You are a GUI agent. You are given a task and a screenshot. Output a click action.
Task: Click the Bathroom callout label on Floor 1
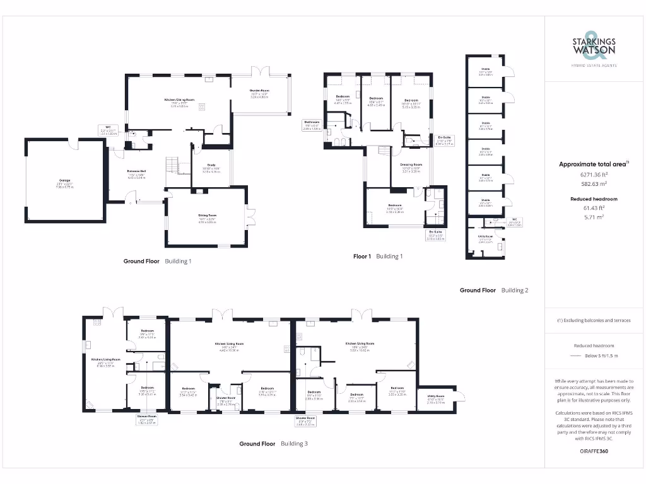312,124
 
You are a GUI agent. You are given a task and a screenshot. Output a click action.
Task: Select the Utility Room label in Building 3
436,397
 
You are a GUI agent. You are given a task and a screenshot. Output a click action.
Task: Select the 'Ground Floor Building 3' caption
273,444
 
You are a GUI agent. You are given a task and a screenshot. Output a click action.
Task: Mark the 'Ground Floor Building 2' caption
493,291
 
